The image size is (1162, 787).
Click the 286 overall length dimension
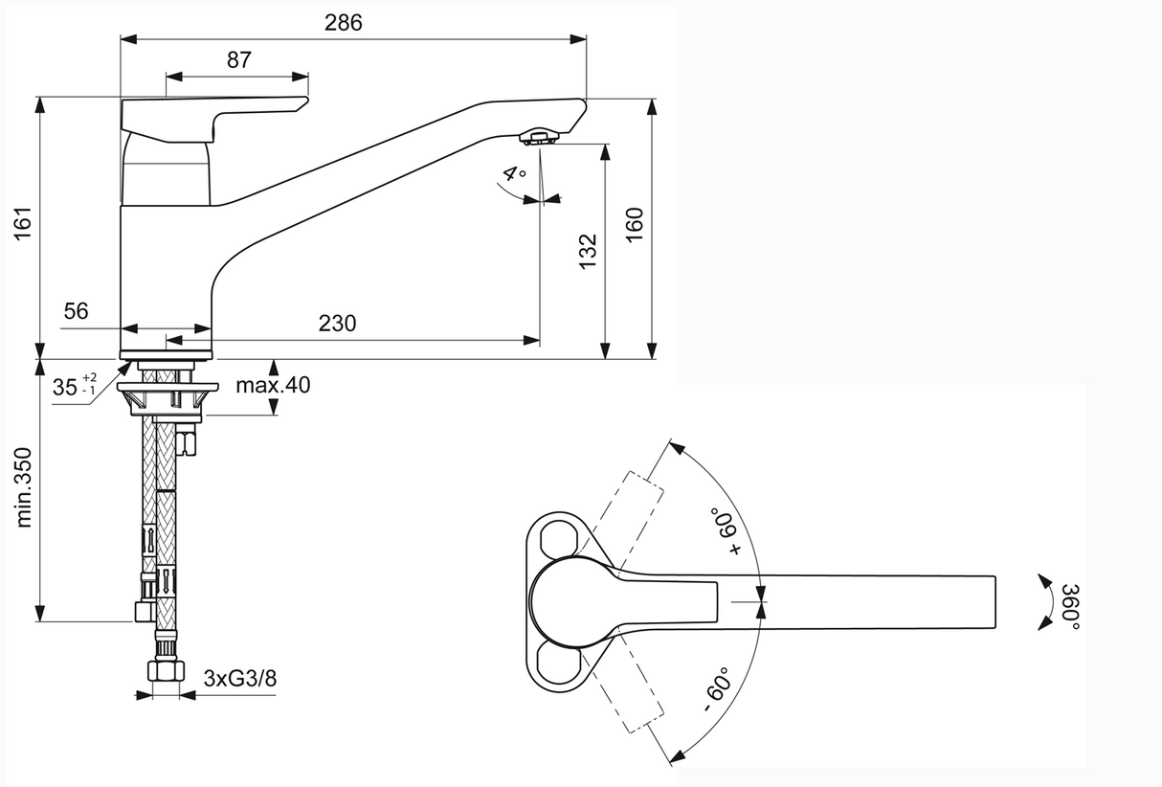pyautogui.click(x=343, y=23)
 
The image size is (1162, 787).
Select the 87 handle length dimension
pyautogui.click(x=238, y=59)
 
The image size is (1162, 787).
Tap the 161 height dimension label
pyautogui.click(x=23, y=223)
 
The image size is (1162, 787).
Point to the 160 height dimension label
pyautogui.click(x=635, y=224)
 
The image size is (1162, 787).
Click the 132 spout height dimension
pyautogui.click(x=589, y=252)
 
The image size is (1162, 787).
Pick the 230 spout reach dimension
pyautogui.click(x=337, y=324)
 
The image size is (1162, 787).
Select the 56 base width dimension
pyautogui.click(x=77, y=311)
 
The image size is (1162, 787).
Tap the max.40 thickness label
pyautogui.click(x=273, y=385)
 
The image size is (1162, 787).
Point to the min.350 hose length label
pyautogui.click(x=24, y=487)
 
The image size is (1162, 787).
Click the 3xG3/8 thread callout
pyautogui.click(x=239, y=678)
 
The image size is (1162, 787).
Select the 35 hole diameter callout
pyautogui.click(x=75, y=386)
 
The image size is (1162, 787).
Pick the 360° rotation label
pyautogui.click(x=1070, y=606)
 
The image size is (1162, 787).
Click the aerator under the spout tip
pyautogui.click(x=539, y=138)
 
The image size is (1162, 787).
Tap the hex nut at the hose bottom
pyautogui.click(x=166, y=670)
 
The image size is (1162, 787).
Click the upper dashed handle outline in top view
pyautogui.click(x=621, y=520)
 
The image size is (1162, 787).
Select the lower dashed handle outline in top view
pyautogui.click(x=621, y=685)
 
